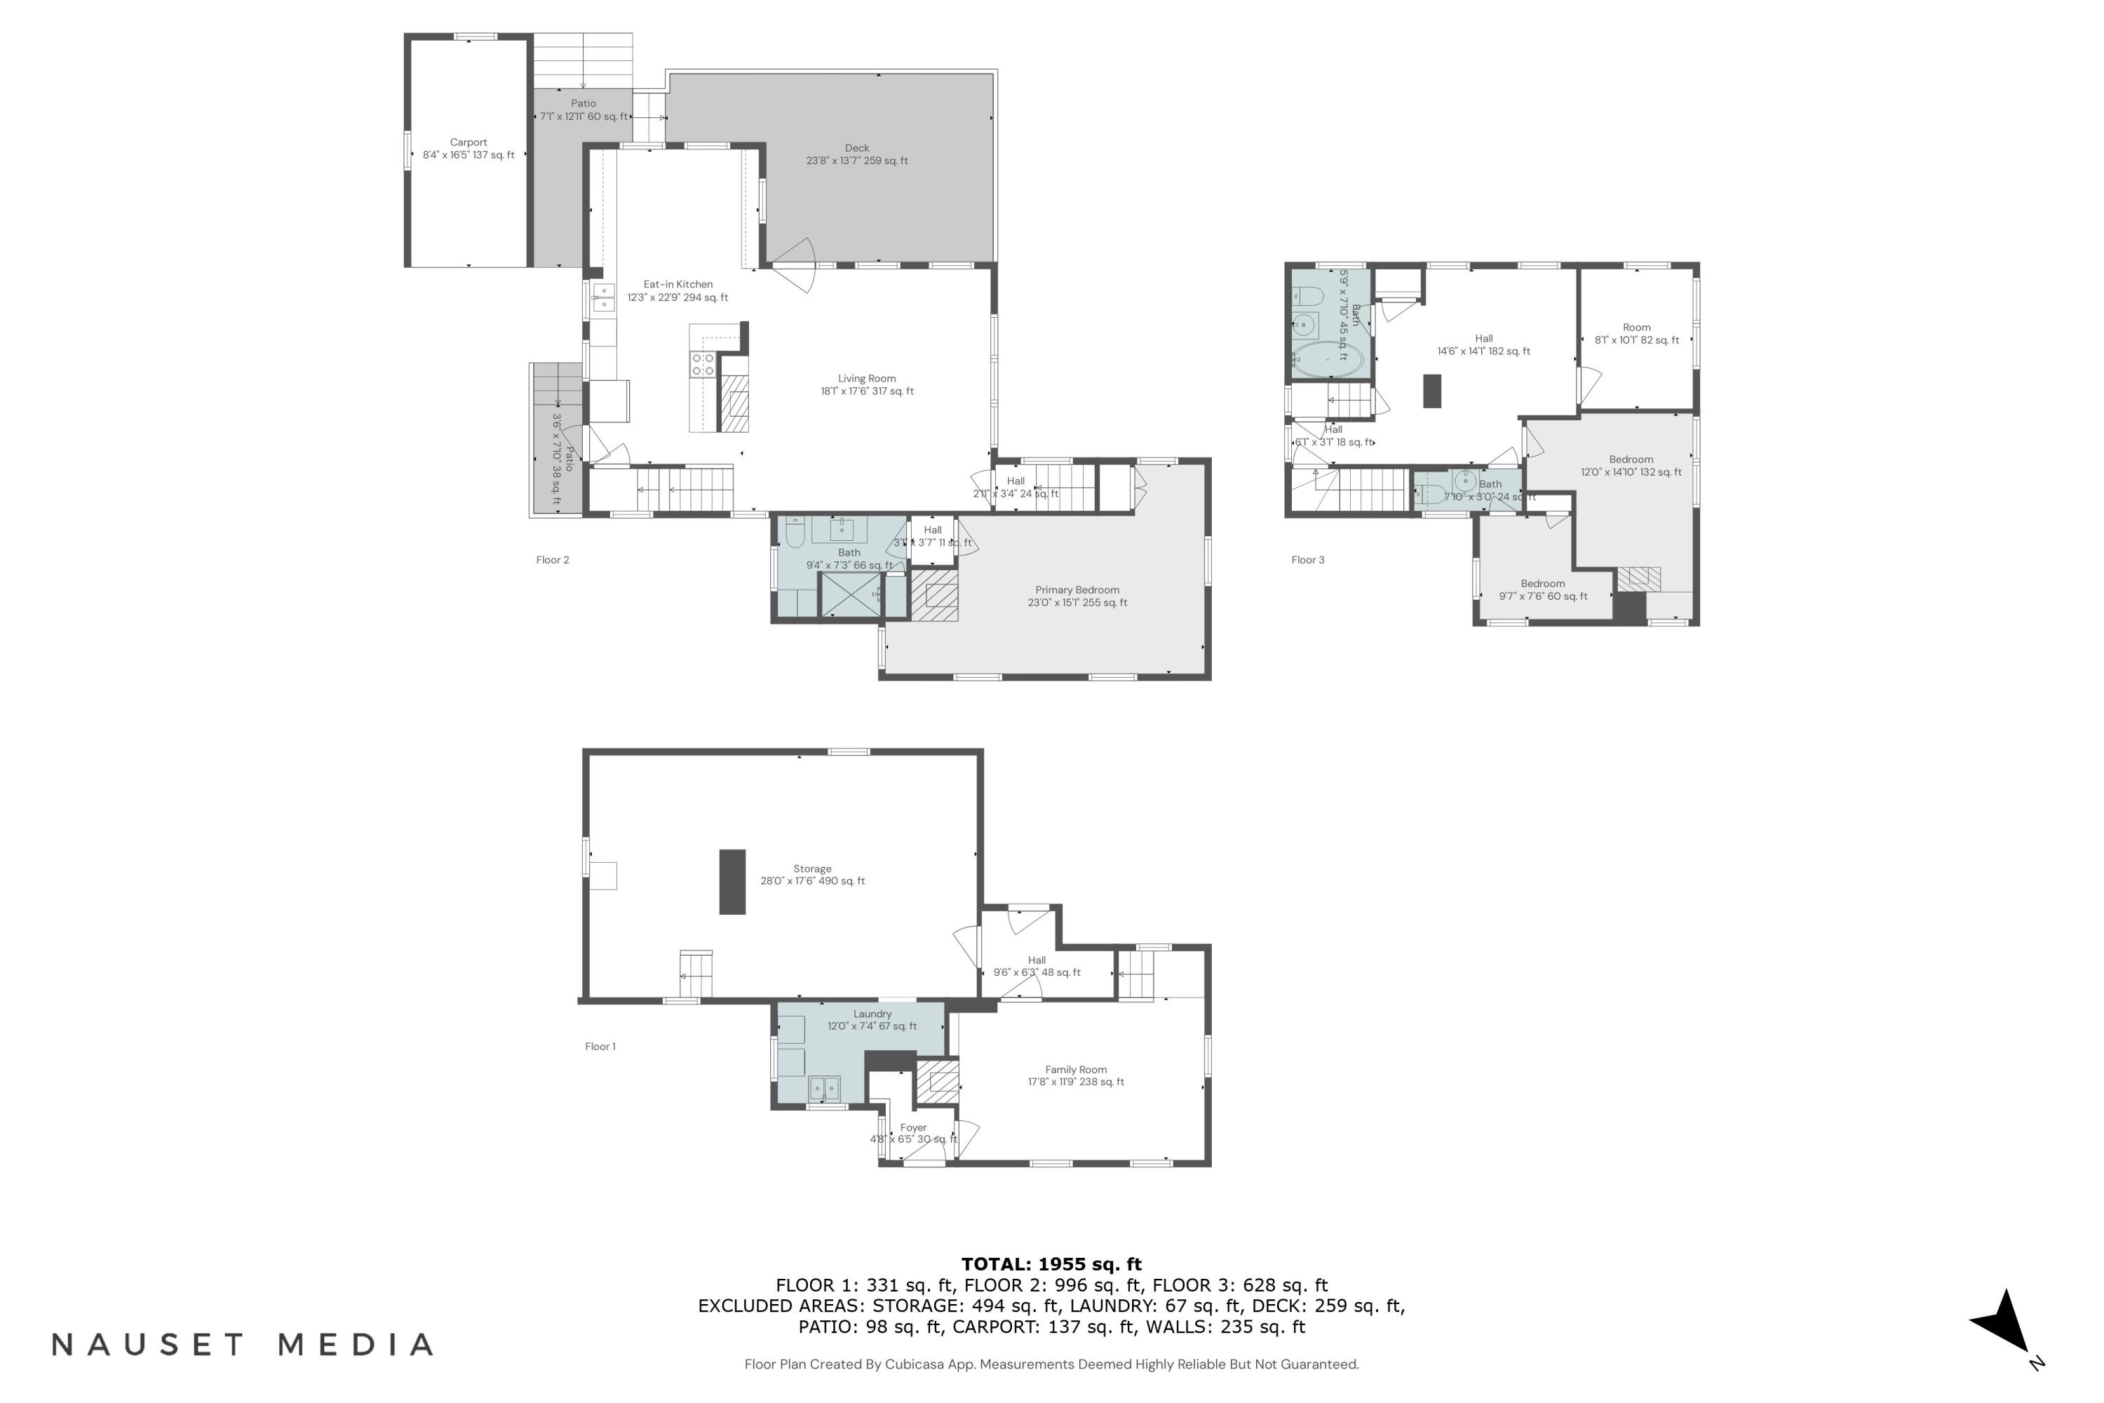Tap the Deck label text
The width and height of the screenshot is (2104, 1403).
pos(856,154)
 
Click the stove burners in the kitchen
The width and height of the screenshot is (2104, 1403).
pos(702,364)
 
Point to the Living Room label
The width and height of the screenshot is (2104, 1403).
pos(867,384)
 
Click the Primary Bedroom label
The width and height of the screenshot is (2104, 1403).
pos(1077,596)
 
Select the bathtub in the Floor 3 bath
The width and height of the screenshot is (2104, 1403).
pos(1328,360)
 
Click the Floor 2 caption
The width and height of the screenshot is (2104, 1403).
pos(552,560)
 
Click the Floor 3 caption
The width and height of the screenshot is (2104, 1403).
pos(1307,560)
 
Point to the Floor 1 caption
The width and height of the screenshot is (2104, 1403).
pos(600,1046)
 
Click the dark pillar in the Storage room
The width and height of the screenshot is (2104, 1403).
pos(731,881)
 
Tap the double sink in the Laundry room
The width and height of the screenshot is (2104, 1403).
pos(824,1088)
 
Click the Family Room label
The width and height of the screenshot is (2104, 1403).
pos(1075,1075)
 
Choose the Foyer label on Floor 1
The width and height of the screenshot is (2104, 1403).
pos(913,1133)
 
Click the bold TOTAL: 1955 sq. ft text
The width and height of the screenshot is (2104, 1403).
pos(1051,1264)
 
